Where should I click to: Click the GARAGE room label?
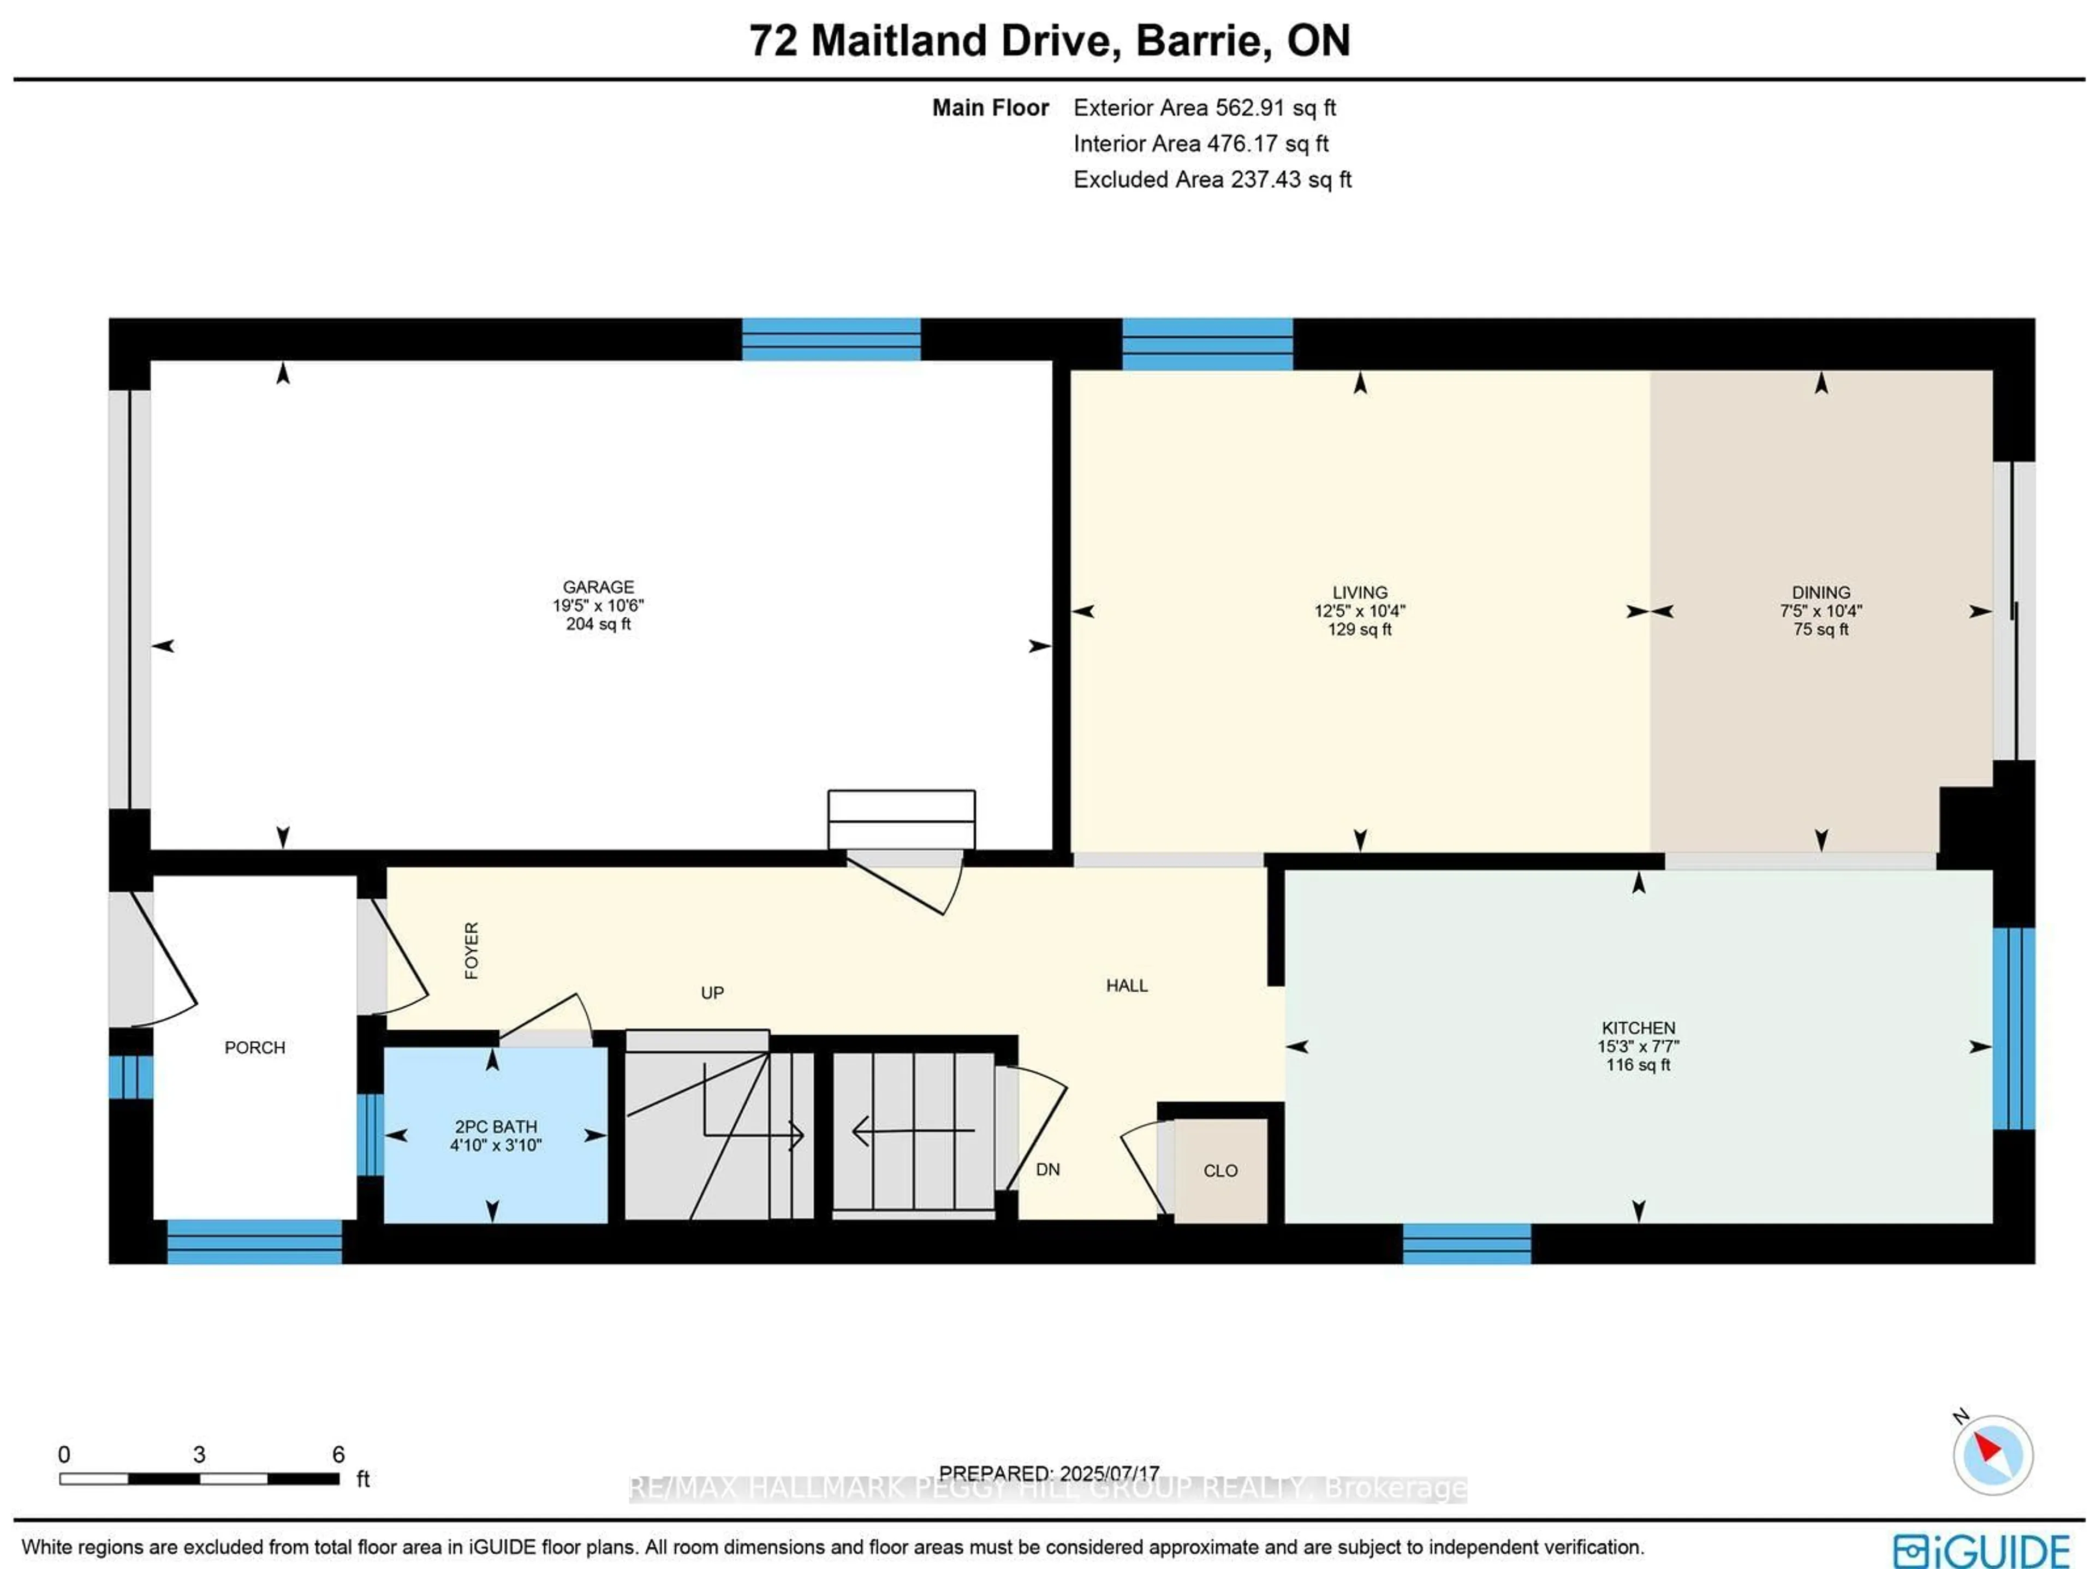coord(598,587)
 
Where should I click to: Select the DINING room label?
coord(1820,592)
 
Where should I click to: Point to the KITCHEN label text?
coord(1639,1028)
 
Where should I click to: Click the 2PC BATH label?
coord(496,1126)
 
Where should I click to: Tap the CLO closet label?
coord(1220,1171)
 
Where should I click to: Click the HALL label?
coord(1127,986)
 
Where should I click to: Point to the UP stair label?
coord(712,993)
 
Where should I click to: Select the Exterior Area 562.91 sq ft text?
coord(1204,108)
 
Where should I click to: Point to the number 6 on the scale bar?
coord(338,1454)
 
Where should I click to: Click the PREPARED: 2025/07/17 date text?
coord(1049,1473)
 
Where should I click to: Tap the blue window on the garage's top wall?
coord(831,339)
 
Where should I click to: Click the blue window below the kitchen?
coord(1466,1243)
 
